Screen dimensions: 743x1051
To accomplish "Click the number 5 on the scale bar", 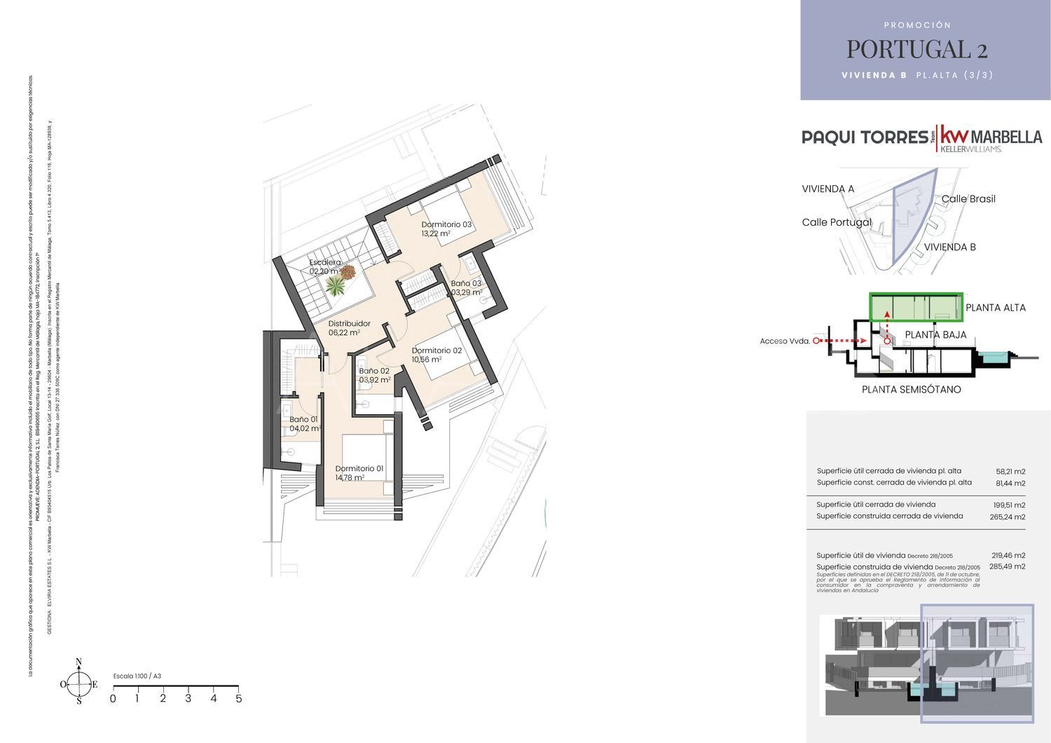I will [239, 699].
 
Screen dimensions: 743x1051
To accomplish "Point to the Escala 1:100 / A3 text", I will [137, 676].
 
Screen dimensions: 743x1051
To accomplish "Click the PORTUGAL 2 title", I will [916, 49].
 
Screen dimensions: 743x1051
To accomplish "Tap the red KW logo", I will [953, 135].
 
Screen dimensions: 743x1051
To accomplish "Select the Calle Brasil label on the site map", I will [968, 199].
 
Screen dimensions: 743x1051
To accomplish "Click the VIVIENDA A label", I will [827, 189].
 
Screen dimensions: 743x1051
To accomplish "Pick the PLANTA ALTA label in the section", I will [995, 308].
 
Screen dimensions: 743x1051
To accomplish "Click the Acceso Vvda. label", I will [785, 341].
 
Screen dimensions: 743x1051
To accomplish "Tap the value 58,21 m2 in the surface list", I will [1010, 472].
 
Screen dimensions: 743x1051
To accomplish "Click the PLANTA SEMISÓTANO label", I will [911, 390].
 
